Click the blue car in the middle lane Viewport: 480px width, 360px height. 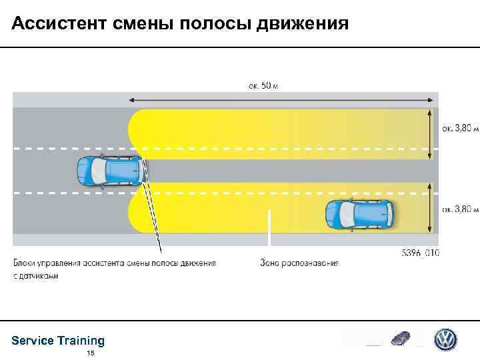pyautogui.click(x=110, y=171)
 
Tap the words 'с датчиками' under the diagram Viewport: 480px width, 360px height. pyautogui.click(x=35, y=275)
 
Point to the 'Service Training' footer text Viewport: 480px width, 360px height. pyautogui.click(x=58, y=341)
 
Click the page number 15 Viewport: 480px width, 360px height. pyautogui.click(x=91, y=353)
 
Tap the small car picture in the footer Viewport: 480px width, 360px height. pyautogui.click(x=401, y=338)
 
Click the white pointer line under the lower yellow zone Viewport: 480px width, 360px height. pyautogui.click(x=269, y=233)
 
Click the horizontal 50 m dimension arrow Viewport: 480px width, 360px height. pyautogui.click(x=283, y=99)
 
